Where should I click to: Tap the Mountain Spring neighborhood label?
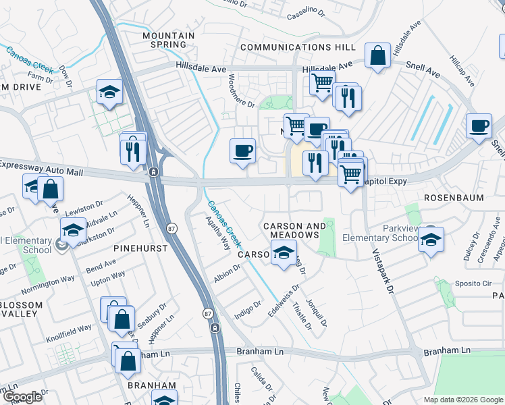(x=169, y=40)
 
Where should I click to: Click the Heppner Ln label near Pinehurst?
(x=138, y=209)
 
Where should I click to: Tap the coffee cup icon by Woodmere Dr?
(x=242, y=151)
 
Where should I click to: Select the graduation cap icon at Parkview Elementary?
(x=430, y=239)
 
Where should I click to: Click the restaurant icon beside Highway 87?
(x=133, y=148)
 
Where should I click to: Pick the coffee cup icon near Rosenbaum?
(x=479, y=126)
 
